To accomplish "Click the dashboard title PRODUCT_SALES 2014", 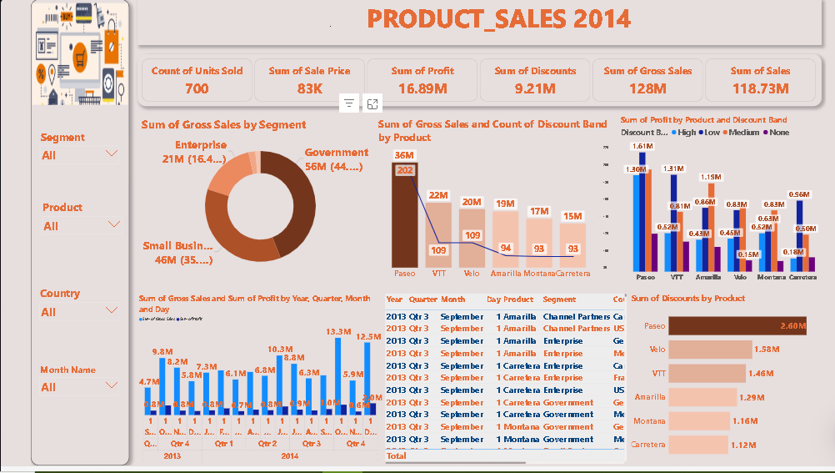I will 498,19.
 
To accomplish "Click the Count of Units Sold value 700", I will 197,88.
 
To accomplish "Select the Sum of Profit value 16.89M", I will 422,88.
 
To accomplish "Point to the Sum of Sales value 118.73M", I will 760,88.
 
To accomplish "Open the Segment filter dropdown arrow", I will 112,154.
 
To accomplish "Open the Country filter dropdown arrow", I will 112,310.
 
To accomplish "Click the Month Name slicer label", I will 67,370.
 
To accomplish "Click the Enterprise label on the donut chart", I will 201,145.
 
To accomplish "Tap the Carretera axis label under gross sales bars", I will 572,274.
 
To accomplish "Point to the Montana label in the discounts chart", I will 649,421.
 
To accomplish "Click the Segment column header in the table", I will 558,299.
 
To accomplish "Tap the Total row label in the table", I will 396,456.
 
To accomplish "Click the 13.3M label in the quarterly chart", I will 338,332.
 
